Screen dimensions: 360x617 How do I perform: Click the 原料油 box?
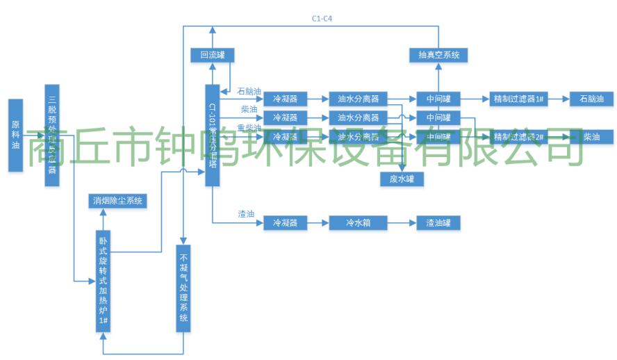(16, 135)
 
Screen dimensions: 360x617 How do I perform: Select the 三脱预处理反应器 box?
(51, 135)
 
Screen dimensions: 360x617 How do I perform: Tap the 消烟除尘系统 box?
(117, 201)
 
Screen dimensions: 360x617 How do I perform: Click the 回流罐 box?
(212, 54)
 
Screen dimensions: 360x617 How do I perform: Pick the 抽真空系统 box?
(438, 54)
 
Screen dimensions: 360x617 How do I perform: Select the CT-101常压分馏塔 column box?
(212, 135)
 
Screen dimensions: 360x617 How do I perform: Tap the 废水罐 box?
(402, 179)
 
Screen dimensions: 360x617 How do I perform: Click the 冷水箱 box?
(359, 223)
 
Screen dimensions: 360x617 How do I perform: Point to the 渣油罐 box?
(438, 223)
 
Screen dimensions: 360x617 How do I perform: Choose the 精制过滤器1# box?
(518, 99)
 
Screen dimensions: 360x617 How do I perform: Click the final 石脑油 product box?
(591, 99)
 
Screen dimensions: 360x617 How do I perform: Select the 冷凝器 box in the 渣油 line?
(285, 223)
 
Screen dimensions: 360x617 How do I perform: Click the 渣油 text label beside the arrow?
(245, 214)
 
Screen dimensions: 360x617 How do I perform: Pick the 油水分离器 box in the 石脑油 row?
(359, 99)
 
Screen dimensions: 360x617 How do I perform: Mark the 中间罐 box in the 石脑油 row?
(438, 99)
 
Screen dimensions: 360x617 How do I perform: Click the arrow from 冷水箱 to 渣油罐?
(402, 223)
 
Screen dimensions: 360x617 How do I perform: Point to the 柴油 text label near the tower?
(249, 109)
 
